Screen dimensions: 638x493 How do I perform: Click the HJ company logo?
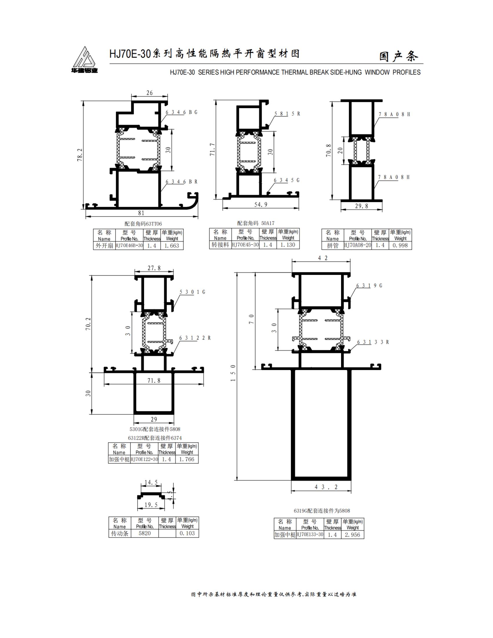84,60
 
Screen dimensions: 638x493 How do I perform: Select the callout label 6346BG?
181,112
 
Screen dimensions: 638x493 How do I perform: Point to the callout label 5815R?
287,114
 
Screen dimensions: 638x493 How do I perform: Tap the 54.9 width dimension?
260,204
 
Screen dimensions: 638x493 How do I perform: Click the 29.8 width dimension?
362,206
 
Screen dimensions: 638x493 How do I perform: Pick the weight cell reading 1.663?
172,246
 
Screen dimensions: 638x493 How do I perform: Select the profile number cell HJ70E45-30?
246,245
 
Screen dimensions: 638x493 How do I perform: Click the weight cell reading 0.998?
400,245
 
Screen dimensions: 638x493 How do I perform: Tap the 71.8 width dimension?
154,380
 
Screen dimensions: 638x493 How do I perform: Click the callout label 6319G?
369,286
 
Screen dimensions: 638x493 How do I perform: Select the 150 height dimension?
233,373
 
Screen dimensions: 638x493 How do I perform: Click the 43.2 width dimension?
326,487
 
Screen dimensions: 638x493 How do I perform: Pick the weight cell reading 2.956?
353,535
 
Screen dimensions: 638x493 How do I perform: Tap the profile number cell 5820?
145,533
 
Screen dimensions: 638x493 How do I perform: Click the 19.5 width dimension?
151,505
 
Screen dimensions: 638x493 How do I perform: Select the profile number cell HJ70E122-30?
144,459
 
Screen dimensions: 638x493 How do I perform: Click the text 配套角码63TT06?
143,224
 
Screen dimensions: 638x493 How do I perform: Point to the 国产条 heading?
398,56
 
